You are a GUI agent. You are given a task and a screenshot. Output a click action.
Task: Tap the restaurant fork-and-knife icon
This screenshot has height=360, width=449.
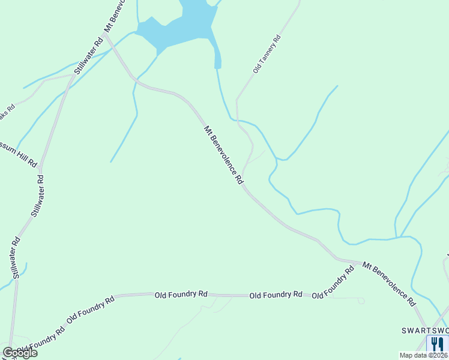click(436, 344)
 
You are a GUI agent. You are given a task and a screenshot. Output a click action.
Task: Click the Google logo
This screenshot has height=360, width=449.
click(20, 353)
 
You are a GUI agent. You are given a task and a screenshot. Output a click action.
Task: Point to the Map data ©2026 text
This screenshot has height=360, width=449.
click(423, 355)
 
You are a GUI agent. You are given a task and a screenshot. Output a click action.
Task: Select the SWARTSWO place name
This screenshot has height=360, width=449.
click(424, 331)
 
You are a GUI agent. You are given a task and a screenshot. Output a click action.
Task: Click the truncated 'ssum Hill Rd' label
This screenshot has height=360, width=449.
click(18, 154)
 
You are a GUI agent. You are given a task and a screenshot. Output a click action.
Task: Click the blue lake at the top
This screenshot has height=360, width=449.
click(180, 27)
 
